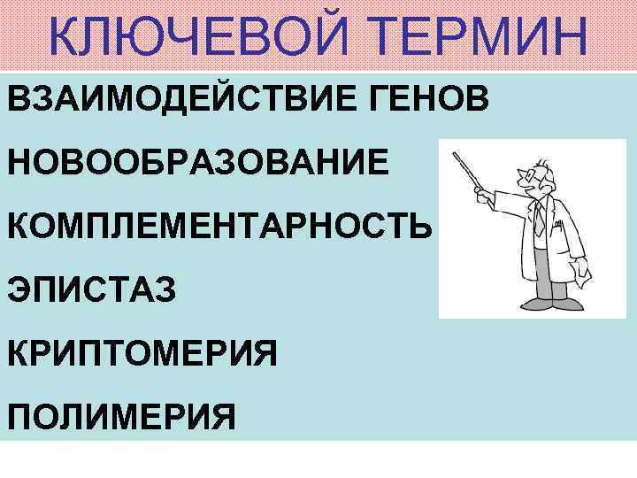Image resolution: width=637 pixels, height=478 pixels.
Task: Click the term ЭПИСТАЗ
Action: tap(94, 289)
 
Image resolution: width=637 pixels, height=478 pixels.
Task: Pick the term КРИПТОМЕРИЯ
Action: tap(144, 353)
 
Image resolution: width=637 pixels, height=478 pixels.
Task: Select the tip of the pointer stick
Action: tap(456, 156)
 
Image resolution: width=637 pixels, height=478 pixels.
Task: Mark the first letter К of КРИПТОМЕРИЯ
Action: tap(20, 353)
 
